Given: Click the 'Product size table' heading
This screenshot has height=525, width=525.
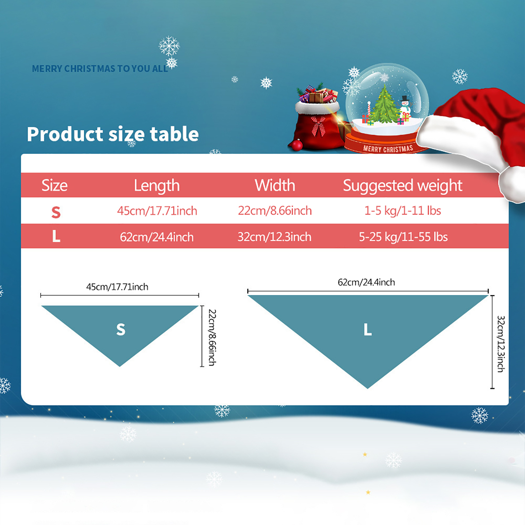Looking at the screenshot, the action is [113, 135].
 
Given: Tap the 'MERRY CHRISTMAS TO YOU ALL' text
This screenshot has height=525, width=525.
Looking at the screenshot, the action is [100, 69].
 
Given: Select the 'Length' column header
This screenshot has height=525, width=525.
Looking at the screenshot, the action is [157, 186].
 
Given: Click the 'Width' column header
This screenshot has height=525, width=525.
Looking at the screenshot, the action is [275, 185].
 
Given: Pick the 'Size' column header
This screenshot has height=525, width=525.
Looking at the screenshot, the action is [54, 185].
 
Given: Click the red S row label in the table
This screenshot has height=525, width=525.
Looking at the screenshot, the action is [56, 212].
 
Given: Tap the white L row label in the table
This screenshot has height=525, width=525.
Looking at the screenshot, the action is [56, 236].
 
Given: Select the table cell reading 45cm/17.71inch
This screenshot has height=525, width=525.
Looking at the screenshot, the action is [157, 211].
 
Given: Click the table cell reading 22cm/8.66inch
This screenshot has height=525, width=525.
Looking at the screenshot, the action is [275, 211].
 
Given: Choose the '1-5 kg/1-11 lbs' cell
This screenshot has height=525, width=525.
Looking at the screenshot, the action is [403, 211].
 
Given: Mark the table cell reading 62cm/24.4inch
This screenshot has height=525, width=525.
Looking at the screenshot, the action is [157, 237].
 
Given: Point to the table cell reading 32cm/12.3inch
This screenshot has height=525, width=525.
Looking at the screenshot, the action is [275, 237].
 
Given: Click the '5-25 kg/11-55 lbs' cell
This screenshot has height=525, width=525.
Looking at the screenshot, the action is [403, 237].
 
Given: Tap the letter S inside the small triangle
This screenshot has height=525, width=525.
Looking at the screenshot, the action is [121, 329].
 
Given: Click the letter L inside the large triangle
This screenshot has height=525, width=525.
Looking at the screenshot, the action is [368, 329].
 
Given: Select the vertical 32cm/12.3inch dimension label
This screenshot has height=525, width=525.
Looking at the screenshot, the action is [501, 344].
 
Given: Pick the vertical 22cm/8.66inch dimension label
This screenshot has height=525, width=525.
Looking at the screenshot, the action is [212, 338].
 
